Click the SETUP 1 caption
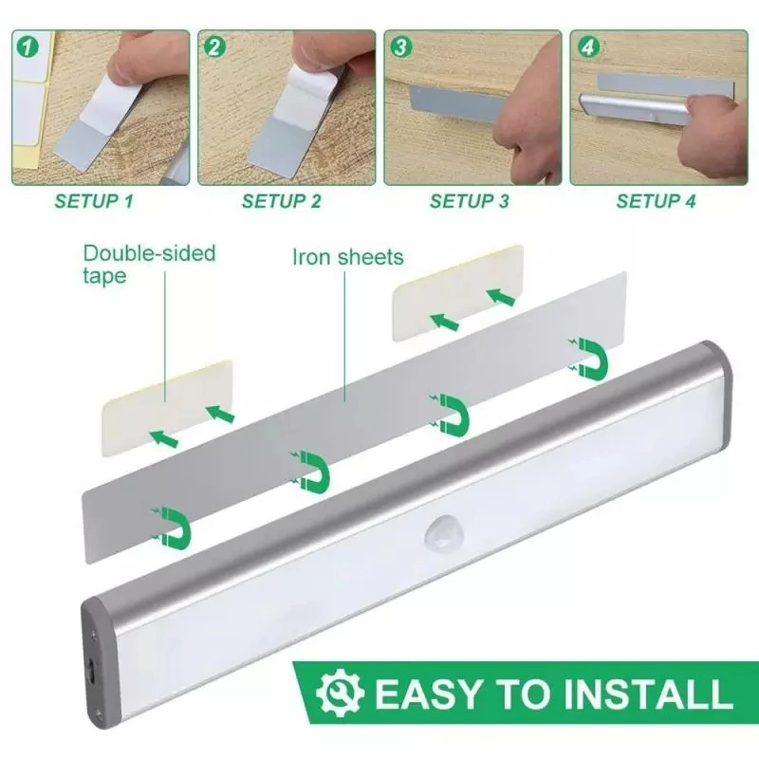[94, 201]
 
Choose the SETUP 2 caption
[282, 201]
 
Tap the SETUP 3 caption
[470, 201]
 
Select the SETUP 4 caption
[656, 201]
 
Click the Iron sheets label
[347, 257]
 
